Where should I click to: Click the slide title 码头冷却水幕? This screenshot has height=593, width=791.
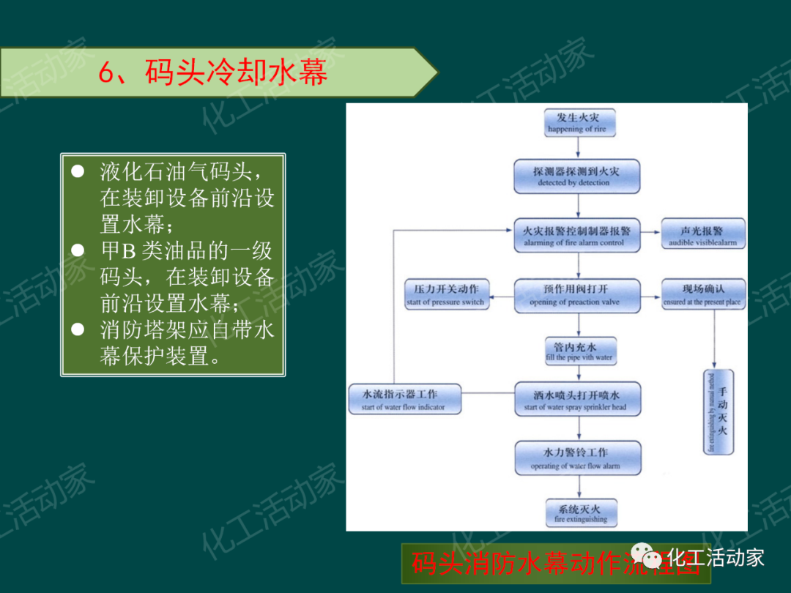pyautogui.click(x=212, y=73)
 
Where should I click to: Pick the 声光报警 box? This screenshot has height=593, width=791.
pyautogui.click(x=703, y=236)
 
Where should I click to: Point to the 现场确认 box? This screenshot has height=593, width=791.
pyautogui.click(x=702, y=295)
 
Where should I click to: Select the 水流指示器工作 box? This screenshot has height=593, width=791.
pyautogui.click(x=404, y=400)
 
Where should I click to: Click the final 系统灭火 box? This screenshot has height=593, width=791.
pyautogui.click(x=580, y=513)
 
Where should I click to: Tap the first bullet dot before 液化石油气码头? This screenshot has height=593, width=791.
pyautogui.click(x=78, y=172)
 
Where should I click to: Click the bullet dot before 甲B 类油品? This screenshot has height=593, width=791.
pyautogui.click(x=78, y=251)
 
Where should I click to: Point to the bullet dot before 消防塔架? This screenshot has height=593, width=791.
pyautogui.click(x=78, y=330)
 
